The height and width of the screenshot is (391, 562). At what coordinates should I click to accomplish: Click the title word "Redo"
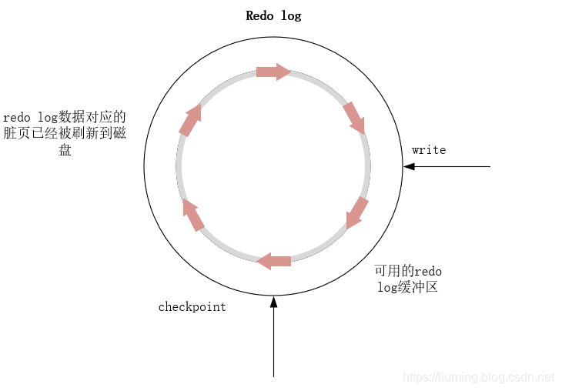[259, 16]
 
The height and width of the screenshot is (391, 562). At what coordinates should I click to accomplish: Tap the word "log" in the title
[291, 16]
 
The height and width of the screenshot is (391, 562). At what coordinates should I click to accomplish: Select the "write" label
[429, 150]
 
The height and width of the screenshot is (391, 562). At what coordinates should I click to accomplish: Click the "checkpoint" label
[192, 307]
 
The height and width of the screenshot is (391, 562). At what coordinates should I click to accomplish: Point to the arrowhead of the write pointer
[409, 166]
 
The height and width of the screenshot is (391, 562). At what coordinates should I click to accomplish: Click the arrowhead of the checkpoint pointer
[273, 301]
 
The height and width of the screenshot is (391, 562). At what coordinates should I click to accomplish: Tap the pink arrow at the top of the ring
[273, 72]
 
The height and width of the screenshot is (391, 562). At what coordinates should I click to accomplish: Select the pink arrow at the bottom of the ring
[273, 261]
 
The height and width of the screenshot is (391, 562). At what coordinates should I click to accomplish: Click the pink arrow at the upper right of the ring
[353, 117]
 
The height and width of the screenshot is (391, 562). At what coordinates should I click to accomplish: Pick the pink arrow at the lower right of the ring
[356, 212]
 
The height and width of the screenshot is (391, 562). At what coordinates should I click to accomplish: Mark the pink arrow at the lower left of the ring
[193, 216]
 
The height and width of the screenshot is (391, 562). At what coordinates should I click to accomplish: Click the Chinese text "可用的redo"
[408, 272]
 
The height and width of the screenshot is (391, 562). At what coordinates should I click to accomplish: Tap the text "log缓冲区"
[408, 288]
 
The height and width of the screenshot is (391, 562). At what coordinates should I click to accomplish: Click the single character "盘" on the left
[65, 151]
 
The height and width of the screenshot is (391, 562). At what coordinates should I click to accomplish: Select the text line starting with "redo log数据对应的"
[65, 118]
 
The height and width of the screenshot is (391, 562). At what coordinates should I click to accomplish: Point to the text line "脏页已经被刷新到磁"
[65, 134]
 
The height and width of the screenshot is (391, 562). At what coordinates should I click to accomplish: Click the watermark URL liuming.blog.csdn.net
[479, 377]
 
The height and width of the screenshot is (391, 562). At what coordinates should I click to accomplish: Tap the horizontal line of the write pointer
[454, 166]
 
